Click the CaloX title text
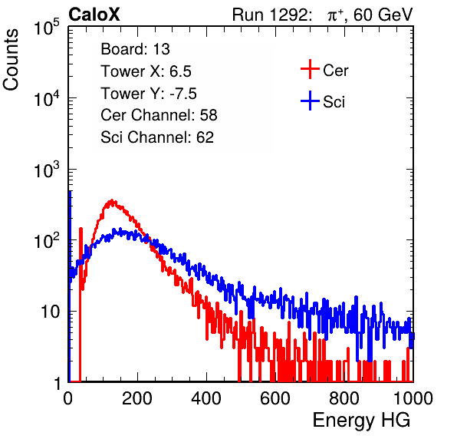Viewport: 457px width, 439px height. pos(94,15)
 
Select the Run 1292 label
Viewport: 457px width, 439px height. pos(270,15)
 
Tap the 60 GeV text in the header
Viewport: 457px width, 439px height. pos(383,15)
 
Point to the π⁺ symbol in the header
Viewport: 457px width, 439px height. pos(335,15)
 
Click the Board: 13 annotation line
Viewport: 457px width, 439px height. pos(135,49)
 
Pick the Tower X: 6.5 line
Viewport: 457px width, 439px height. pos(146,71)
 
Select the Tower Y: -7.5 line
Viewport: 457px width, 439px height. pos(149,94)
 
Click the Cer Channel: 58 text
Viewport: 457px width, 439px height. pos(159,115)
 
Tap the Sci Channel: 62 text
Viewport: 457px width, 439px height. pos(157,137)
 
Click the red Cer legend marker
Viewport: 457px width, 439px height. pos(310,69)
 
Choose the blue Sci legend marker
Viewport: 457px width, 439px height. pos(310,101)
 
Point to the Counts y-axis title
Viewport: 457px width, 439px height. pos(11,60)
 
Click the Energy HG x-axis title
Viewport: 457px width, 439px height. pos(361,420)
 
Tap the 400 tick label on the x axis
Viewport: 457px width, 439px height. pos(206,398)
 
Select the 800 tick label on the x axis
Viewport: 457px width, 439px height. pos(344,398)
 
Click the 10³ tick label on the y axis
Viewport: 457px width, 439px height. pos(47,170)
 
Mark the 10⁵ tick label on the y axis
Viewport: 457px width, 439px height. pos(47,28)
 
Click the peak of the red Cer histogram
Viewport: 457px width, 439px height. pos(112,200)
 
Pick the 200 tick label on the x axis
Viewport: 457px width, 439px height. pos(137,398)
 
